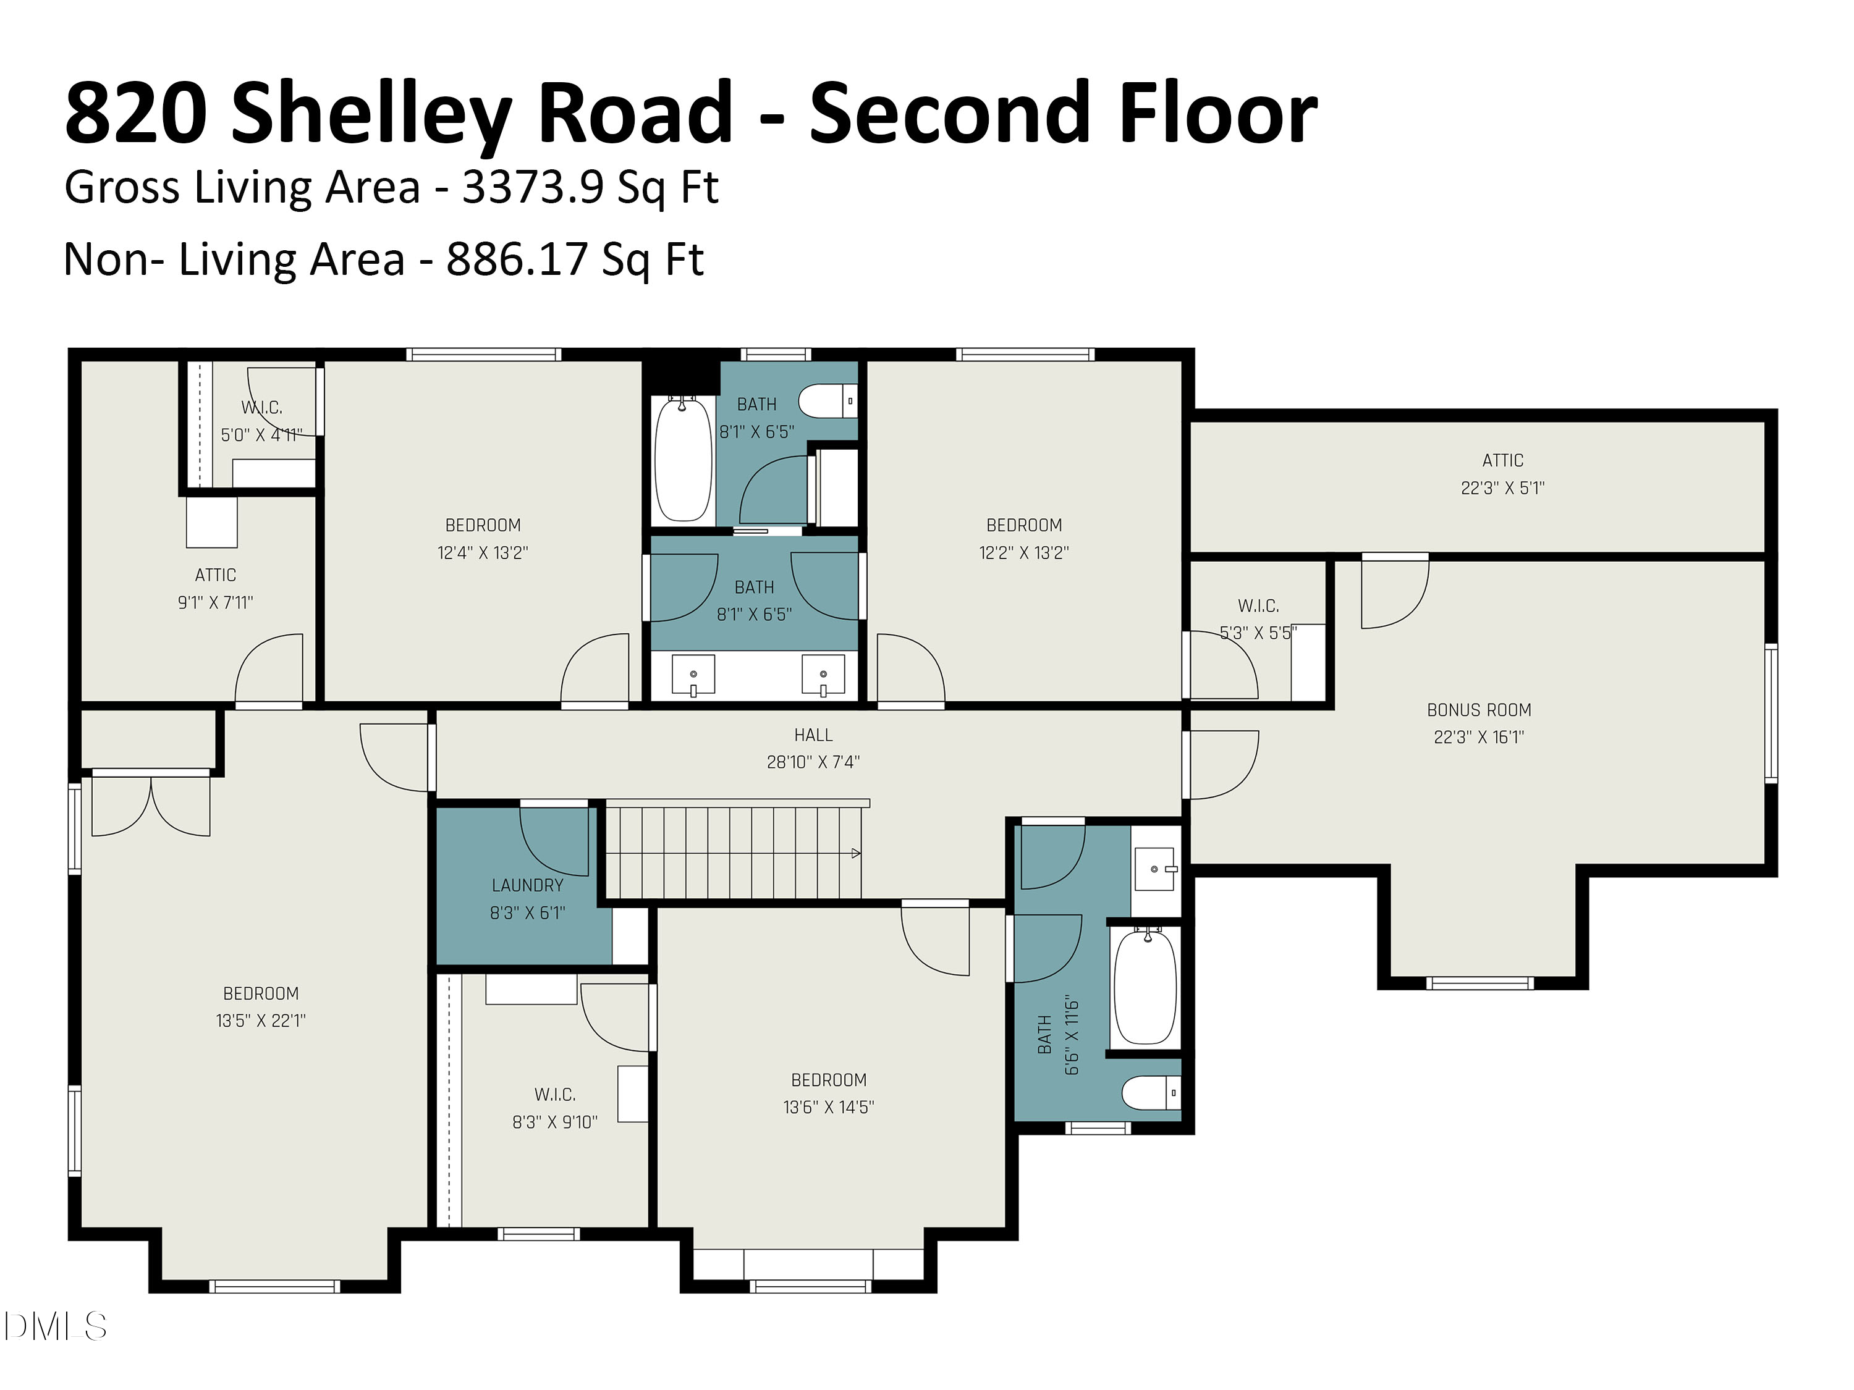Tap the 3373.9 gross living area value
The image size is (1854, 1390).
pos(532,187)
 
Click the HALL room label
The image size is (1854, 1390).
pos(813,735)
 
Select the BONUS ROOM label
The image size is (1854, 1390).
pos(1478,710)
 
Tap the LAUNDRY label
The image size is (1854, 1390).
pos(527,885)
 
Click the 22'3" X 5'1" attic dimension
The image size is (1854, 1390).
pos(1502,487)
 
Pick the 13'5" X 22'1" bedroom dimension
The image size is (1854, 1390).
pos(261,1021)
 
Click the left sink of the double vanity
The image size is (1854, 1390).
pos(693,675)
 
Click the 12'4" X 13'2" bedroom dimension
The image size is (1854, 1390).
pos(483,553)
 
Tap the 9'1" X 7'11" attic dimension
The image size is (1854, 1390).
pos(216,602)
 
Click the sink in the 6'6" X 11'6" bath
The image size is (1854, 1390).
pos(1155,870)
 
